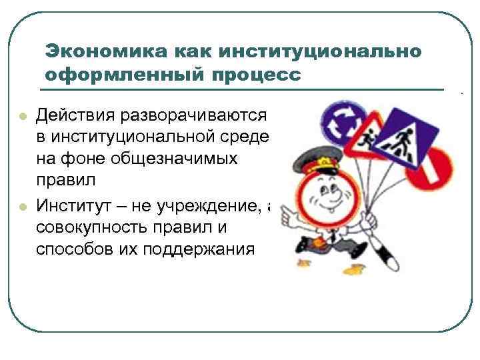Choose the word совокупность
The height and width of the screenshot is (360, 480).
pyautogui.click(x=93, y=227)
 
